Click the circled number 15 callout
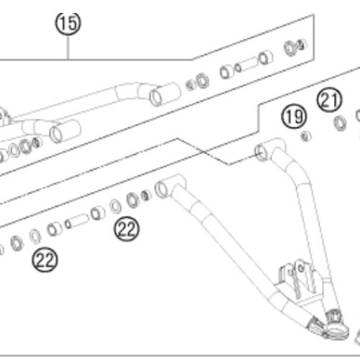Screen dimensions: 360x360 tap(68, 23)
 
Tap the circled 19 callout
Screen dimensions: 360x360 tap(294, 117)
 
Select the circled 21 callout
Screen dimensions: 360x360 tap(329, 99)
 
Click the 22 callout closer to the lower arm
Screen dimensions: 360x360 tap(127, 229)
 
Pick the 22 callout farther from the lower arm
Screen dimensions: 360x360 tap(45, 260)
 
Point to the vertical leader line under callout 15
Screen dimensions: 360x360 tap(68, 48)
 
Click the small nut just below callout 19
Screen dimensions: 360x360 tap(306, 137)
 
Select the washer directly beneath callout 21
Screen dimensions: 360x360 tap(341, 123)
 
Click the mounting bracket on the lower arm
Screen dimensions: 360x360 tap(297, 282)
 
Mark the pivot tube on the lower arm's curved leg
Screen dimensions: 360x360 tap(269, 150)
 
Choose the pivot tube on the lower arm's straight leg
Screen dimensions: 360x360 tap(170, 186)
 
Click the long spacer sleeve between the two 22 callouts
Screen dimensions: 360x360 tap(77, 221)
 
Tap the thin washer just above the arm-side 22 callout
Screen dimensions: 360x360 tap(115, 206)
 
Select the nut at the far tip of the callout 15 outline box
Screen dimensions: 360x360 tap(301, 45)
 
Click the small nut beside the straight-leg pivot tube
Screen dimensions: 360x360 tap(145, 196)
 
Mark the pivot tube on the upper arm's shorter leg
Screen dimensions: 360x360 tap(66, 131)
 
